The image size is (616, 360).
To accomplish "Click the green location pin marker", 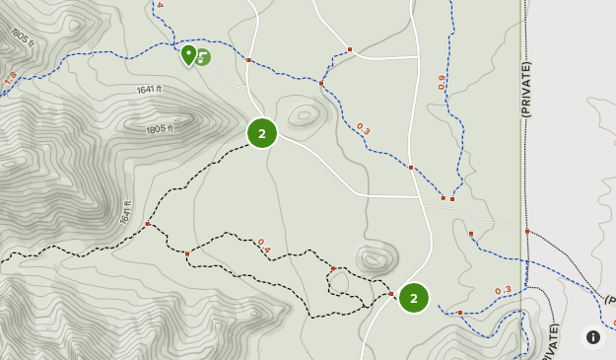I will click(188, 53).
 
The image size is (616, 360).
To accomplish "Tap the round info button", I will click(593, 336).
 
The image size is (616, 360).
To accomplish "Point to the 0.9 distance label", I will click(442, 83).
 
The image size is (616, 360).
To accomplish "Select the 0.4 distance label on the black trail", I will click(263, 246).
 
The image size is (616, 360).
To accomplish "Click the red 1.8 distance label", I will click(10, 77).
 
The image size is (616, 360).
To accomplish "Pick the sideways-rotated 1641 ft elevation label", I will click(126, 211).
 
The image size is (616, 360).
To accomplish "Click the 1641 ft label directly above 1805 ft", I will click(149, 90).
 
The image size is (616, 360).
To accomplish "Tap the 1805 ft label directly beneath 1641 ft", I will click(159, 129).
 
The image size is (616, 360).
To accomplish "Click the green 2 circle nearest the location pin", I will click(262, 133).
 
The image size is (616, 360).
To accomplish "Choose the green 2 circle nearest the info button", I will click(414, 297).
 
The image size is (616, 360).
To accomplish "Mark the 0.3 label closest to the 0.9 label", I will click(363, 128).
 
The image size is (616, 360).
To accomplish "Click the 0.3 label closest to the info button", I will click(503, 290).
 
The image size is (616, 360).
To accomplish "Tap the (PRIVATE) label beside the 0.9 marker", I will click(526, 89).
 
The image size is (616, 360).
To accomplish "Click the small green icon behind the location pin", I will click(203, 57).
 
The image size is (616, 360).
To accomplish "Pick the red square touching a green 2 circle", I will click(391, 294).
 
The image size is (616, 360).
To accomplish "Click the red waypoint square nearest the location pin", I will click(248, 60).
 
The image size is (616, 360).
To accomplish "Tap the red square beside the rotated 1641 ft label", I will click(147, 224).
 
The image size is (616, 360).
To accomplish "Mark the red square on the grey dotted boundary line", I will click(527, 232).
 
